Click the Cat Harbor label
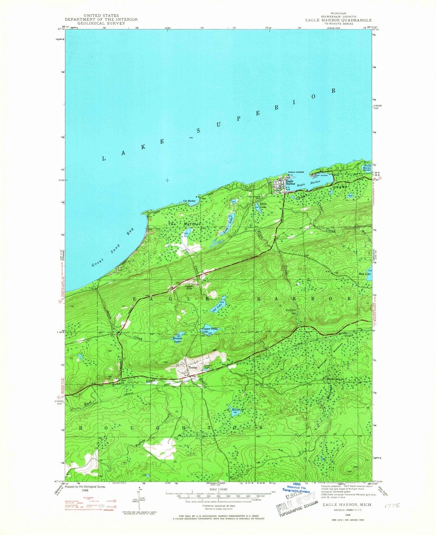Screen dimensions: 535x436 [189, 201]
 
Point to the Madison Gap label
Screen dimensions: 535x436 [290, 311]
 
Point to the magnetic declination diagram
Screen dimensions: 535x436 [138, 495]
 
